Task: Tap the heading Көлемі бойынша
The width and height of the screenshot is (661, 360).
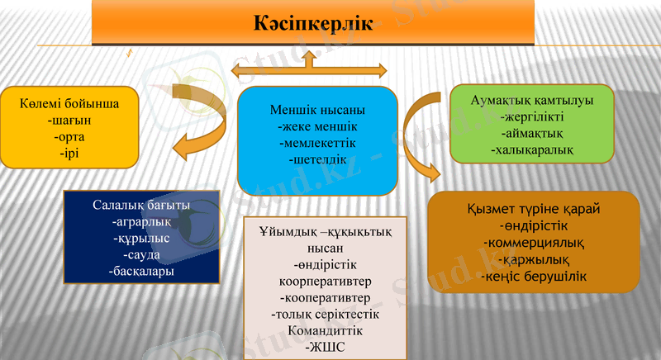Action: (x=69, y=105)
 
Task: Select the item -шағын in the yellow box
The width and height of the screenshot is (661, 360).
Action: (x=69, y=121)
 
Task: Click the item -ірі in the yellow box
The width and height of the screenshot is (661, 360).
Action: (x=69, y=153)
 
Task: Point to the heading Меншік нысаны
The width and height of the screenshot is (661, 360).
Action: (x=317, y=110)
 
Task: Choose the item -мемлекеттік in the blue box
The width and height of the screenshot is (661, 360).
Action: (x=317, y=142)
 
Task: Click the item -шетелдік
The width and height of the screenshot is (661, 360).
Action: (x=317, y=159)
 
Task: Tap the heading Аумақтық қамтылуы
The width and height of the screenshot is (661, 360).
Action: (x=532, y=100)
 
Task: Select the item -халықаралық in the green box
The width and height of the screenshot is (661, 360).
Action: (x=532, y=150)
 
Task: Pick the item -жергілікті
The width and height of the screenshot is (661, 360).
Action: (x=532, y=116)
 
